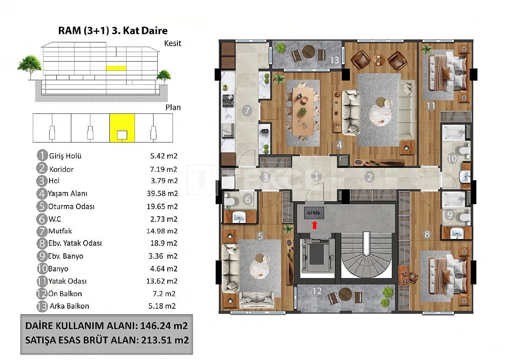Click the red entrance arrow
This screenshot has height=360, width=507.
(x=314, y=225)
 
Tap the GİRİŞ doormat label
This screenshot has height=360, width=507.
(x=314, y=213)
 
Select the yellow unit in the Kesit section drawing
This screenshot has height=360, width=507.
(x=116, y=68)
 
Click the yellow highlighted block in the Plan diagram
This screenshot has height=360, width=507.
(x=122, y=128)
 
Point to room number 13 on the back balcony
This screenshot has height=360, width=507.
(x=335, y=60)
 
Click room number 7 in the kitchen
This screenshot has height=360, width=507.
(x=247, y=110)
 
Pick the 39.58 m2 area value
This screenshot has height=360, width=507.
(x=162, y=194)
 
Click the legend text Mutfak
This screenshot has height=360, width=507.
(x=60, y=231)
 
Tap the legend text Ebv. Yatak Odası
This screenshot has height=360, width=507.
(x=75, y=243)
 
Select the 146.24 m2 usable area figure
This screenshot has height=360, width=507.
(x=164, y=326)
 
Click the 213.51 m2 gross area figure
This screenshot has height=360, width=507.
(x=165, y=340)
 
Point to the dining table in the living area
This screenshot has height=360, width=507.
(x=303, y=111)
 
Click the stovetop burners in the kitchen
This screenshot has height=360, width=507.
(x=228, y=100)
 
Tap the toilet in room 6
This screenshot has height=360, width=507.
(x=230, y=201)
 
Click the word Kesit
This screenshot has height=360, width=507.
(x=173, y=43)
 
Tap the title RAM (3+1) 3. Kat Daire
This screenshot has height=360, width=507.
(x=113, y=31)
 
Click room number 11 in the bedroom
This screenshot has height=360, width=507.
(x=430, y=106)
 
